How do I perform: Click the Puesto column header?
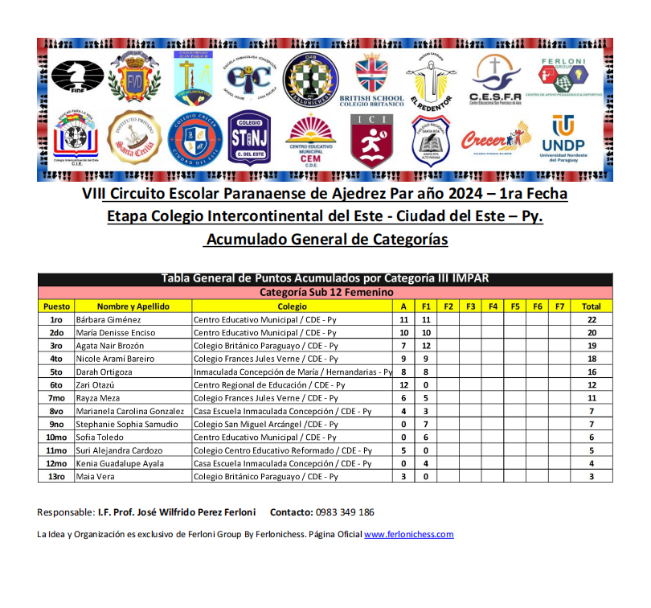[56, 306]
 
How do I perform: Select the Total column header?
[591, 306]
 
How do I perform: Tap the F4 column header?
[493, 306]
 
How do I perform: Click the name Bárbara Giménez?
[108, 319]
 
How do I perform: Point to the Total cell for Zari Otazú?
[591, 384]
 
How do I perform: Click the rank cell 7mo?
[56, 397]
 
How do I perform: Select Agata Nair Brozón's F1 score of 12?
[426, 345]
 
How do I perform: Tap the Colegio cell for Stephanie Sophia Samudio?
[266, 424]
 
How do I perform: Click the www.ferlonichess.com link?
[409, 534]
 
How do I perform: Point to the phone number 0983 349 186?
[344, 512]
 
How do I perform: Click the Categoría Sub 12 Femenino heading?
[325, 293]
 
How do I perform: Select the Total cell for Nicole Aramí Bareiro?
[591, 359]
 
